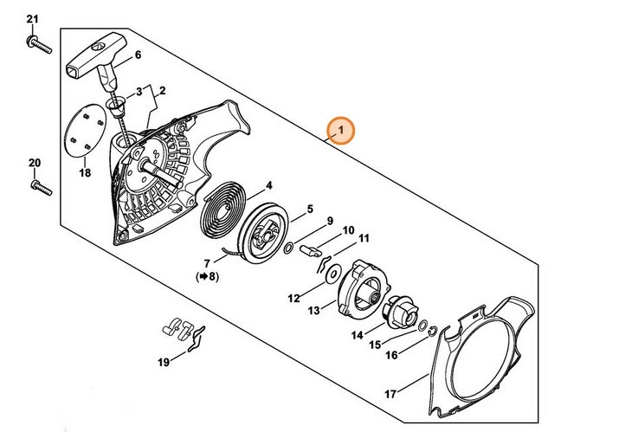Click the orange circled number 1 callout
click(x=342, y=132)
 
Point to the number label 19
click(x=163, y=362)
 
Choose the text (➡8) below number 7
click(x=206, y=277)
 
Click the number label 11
click(x=364, y=238)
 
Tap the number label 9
click(x=330, y=220)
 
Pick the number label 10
click(x=348, y=230)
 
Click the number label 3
click(x=136, y=91)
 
